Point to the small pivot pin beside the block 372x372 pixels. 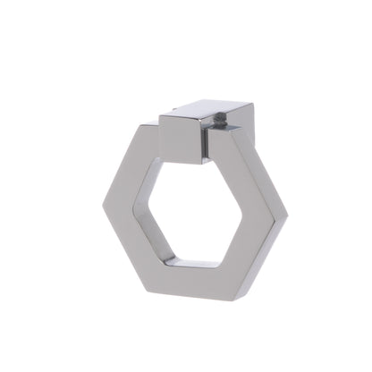point(207,144)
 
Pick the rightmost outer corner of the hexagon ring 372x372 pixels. point(287,216)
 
